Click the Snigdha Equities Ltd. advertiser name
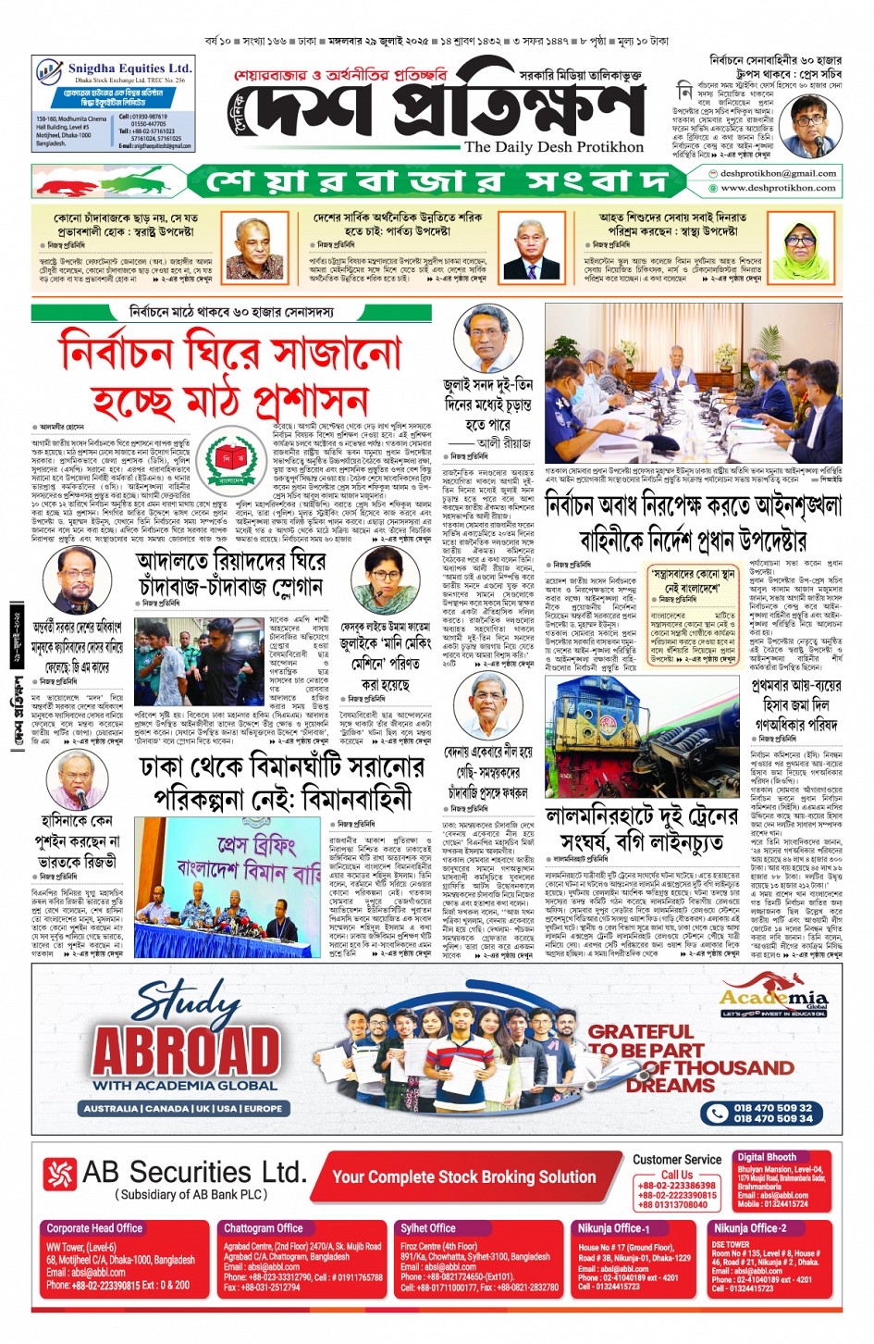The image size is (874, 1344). pyautogui.click(x=129, y=68)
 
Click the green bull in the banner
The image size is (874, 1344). pyautogui.click(x=139, y=180)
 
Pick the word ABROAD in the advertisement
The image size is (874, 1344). pyautogui.click(x=187, y=1051)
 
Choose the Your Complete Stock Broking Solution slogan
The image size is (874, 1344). pyautogui.click(x=463, y=1176)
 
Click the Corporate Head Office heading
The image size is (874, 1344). pyautogui.click(x=94, y=1228)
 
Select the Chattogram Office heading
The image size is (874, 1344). pyautogui.click(x=263, y=1228)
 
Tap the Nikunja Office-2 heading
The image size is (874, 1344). pyautogui.click(x=749, y=1228)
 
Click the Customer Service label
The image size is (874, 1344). pyautogui.click(x=677, y=1159)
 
